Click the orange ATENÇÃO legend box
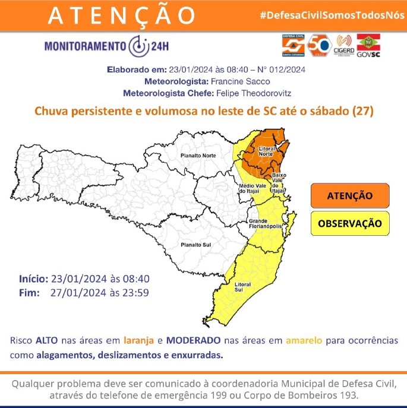[x=349, y=195]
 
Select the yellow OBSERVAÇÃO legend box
[x=349, y=224]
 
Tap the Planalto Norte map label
[x=198, y=156]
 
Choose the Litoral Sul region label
[x=242, y=287]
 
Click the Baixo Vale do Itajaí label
[x=279, y=183]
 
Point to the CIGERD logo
[x=345, y=44]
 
